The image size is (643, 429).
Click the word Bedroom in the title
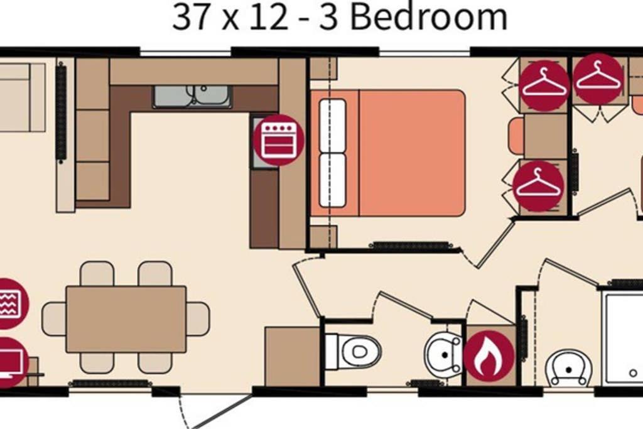pos(429,16)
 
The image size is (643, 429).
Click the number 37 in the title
pos(190,17)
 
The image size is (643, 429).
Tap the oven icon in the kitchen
pos(278,140)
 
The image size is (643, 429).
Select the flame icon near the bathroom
pos(489,355)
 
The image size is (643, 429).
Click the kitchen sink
pos(192,97)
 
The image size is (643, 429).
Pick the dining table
pos(126,319)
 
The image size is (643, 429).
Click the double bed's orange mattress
pos(412,153)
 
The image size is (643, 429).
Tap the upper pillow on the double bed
pos(332,125)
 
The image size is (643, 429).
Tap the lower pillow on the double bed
pos(332,180)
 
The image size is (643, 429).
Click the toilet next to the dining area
pos(354,351)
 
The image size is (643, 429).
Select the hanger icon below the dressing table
pos(538,186)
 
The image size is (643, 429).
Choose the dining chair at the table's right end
pos(198,318)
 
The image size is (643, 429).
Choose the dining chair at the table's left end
pos(54,318)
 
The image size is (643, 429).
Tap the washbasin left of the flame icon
pos(443,354)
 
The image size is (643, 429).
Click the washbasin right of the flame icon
pos(569,368)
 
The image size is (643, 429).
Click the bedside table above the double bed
pos(323,68)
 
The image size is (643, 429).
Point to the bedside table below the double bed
pos(323,237)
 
